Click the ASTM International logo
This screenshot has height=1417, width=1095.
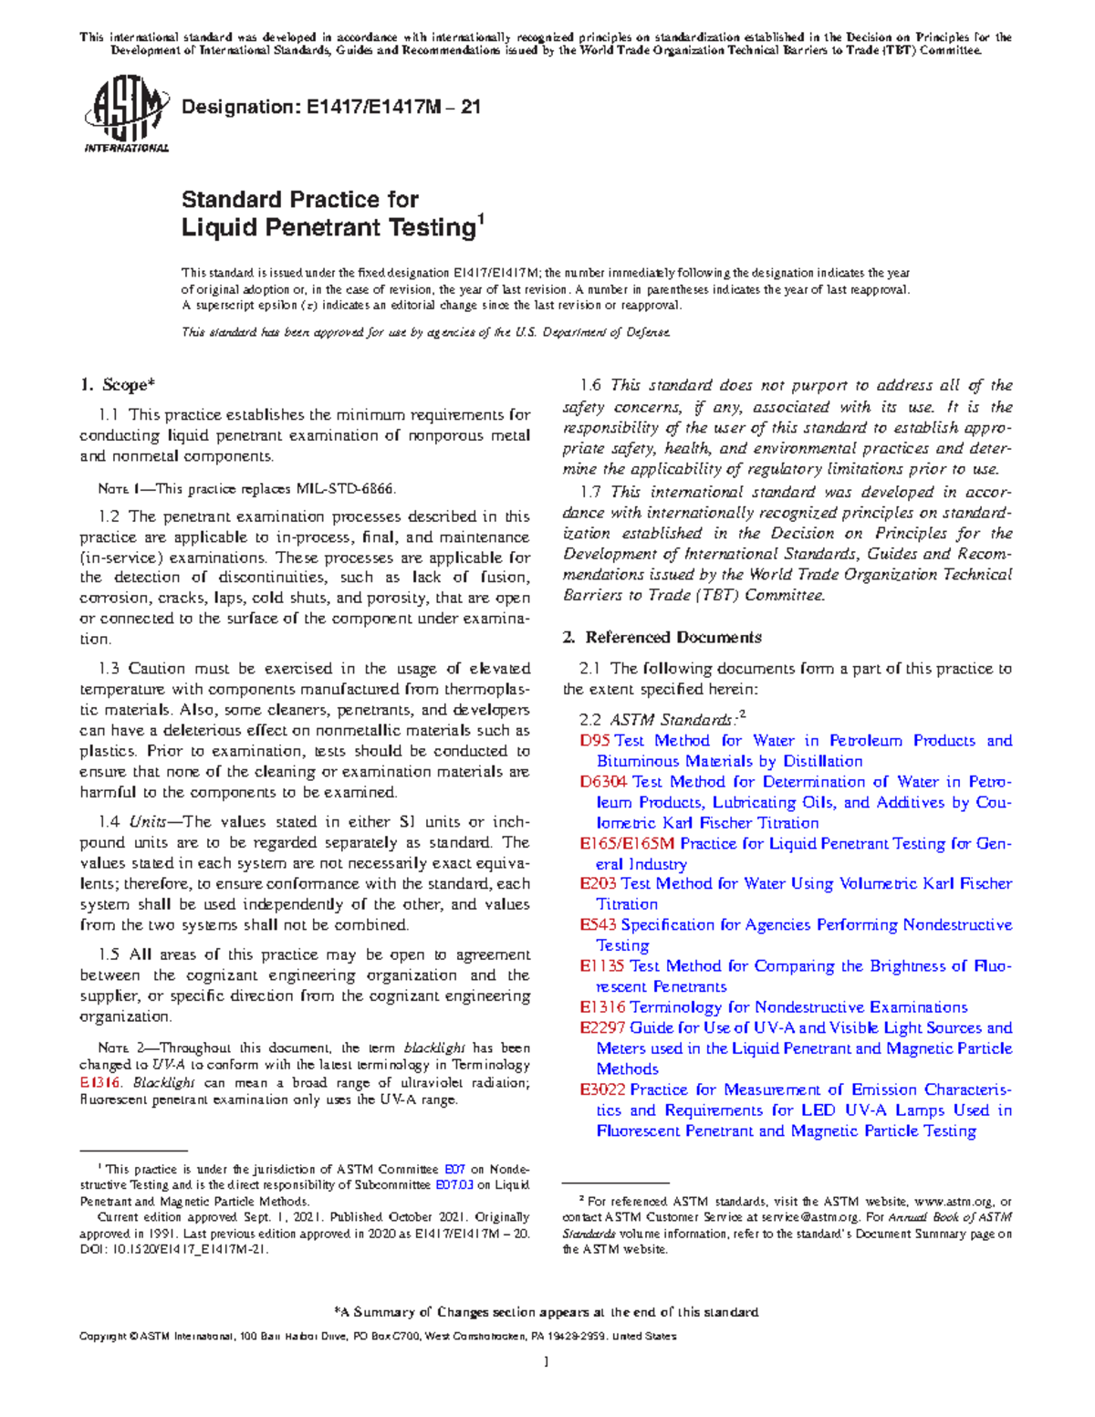click(x=126, y=114)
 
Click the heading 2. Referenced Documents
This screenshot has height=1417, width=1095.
click(x=662, y=637)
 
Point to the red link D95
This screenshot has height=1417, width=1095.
click(x=594, y=741)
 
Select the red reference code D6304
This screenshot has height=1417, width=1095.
click(x=603, y=782)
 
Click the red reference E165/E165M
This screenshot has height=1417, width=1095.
click(x=628, y=844)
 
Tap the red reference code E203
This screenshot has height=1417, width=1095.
click(x=598, y=884)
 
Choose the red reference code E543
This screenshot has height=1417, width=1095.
click(x=598, y=925)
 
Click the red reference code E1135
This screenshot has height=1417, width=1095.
click(x=602, y=966)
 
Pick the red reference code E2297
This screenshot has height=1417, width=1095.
click(x=602, y=1028)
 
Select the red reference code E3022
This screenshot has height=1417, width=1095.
click(x=602, y=1090)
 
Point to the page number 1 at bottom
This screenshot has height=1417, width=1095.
click(x=546, y=1362)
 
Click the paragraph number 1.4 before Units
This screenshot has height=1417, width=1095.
click(x=109, y=822)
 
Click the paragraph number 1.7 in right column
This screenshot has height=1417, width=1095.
click(x=590, y=492)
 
